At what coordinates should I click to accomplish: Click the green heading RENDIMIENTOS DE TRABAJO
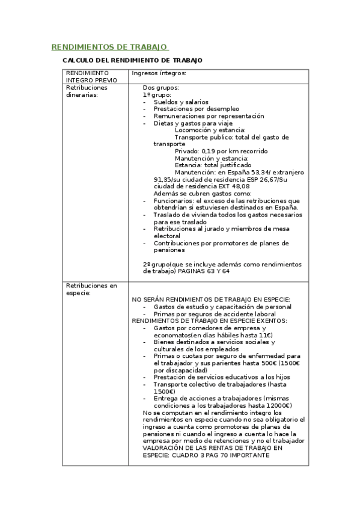coord(109,47)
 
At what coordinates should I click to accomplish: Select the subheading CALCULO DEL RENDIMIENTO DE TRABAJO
coord(133,61)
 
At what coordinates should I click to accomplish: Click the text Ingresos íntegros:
coord(159,73)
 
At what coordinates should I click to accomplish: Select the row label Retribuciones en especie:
coord(91,289)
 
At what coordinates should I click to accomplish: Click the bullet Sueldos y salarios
coord(181,102)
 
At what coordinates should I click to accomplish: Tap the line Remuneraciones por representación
coord(209,116)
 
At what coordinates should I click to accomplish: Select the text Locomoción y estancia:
coord(210,130)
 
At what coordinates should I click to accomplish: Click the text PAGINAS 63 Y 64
coord(204,271)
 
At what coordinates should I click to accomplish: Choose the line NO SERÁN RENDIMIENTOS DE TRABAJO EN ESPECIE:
coord(211,300)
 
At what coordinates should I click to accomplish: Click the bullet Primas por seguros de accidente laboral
coord(215,313)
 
